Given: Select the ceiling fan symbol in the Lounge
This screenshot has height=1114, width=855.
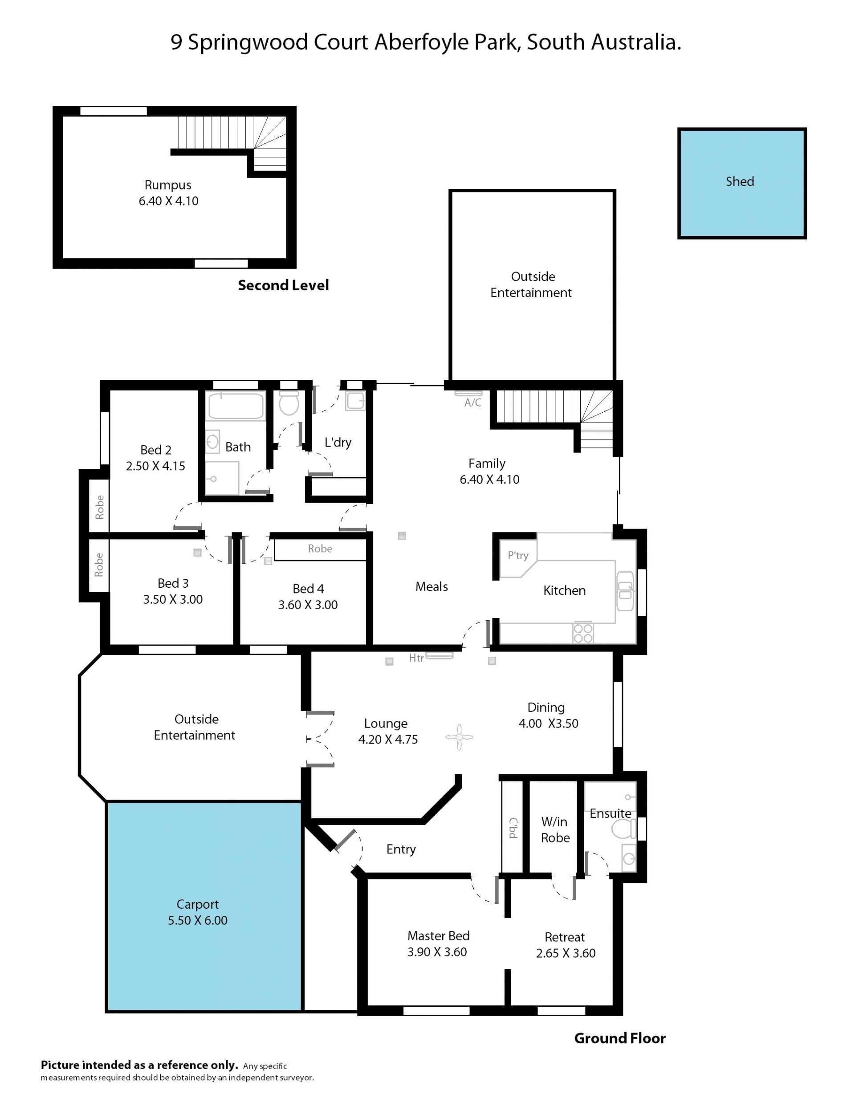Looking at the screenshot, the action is coord(459,737).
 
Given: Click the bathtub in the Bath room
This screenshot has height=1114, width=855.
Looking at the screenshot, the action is coord(236,406).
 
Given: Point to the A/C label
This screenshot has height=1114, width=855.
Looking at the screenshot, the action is coord(473,403).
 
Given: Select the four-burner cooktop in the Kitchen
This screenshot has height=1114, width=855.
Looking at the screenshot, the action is coord(583,633).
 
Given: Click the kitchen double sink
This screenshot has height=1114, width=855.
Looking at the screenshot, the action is coord(626,591).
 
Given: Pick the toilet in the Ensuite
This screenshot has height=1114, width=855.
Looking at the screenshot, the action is coord(624,829).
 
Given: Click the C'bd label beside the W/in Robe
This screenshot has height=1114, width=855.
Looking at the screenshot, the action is coord(513,828).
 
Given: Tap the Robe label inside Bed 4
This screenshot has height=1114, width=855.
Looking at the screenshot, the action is coord(320,549).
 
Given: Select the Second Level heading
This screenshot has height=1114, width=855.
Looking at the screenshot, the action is coord(284,285).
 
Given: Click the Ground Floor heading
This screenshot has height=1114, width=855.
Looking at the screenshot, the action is coord(620,1038).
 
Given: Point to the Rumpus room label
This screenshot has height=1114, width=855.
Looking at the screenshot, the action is coord(168,185).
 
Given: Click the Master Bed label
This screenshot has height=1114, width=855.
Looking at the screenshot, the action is coord(438,936).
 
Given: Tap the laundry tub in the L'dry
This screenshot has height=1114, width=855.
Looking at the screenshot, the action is coord(355,401).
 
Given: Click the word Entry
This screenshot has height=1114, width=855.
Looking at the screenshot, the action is coord(401,850).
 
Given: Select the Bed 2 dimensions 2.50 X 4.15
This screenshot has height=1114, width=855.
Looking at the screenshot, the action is coord(156,466).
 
